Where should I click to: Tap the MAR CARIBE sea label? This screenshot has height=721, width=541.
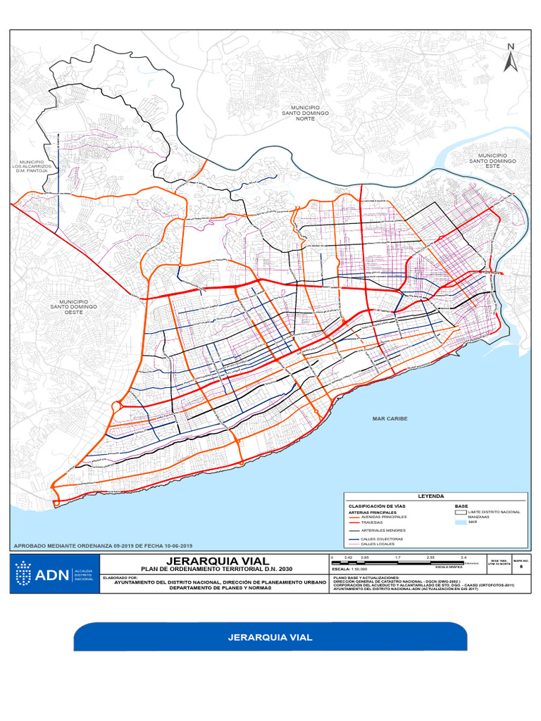(390, 418)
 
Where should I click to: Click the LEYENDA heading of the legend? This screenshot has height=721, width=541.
(431, 496)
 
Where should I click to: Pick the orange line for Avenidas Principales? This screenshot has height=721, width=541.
(354, 517)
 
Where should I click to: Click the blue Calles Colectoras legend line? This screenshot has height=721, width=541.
(354, 539)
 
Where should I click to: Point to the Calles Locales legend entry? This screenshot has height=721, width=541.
(378, 544)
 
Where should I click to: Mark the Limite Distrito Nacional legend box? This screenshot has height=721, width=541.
(461, 512)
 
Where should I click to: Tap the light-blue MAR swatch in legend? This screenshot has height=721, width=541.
(461, 522)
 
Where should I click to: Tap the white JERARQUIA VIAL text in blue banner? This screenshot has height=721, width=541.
(270, 637)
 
